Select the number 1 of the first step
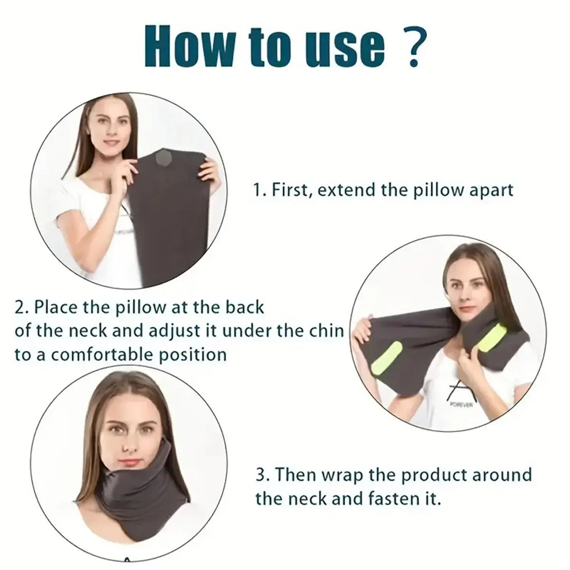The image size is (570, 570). coord(257,190)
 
